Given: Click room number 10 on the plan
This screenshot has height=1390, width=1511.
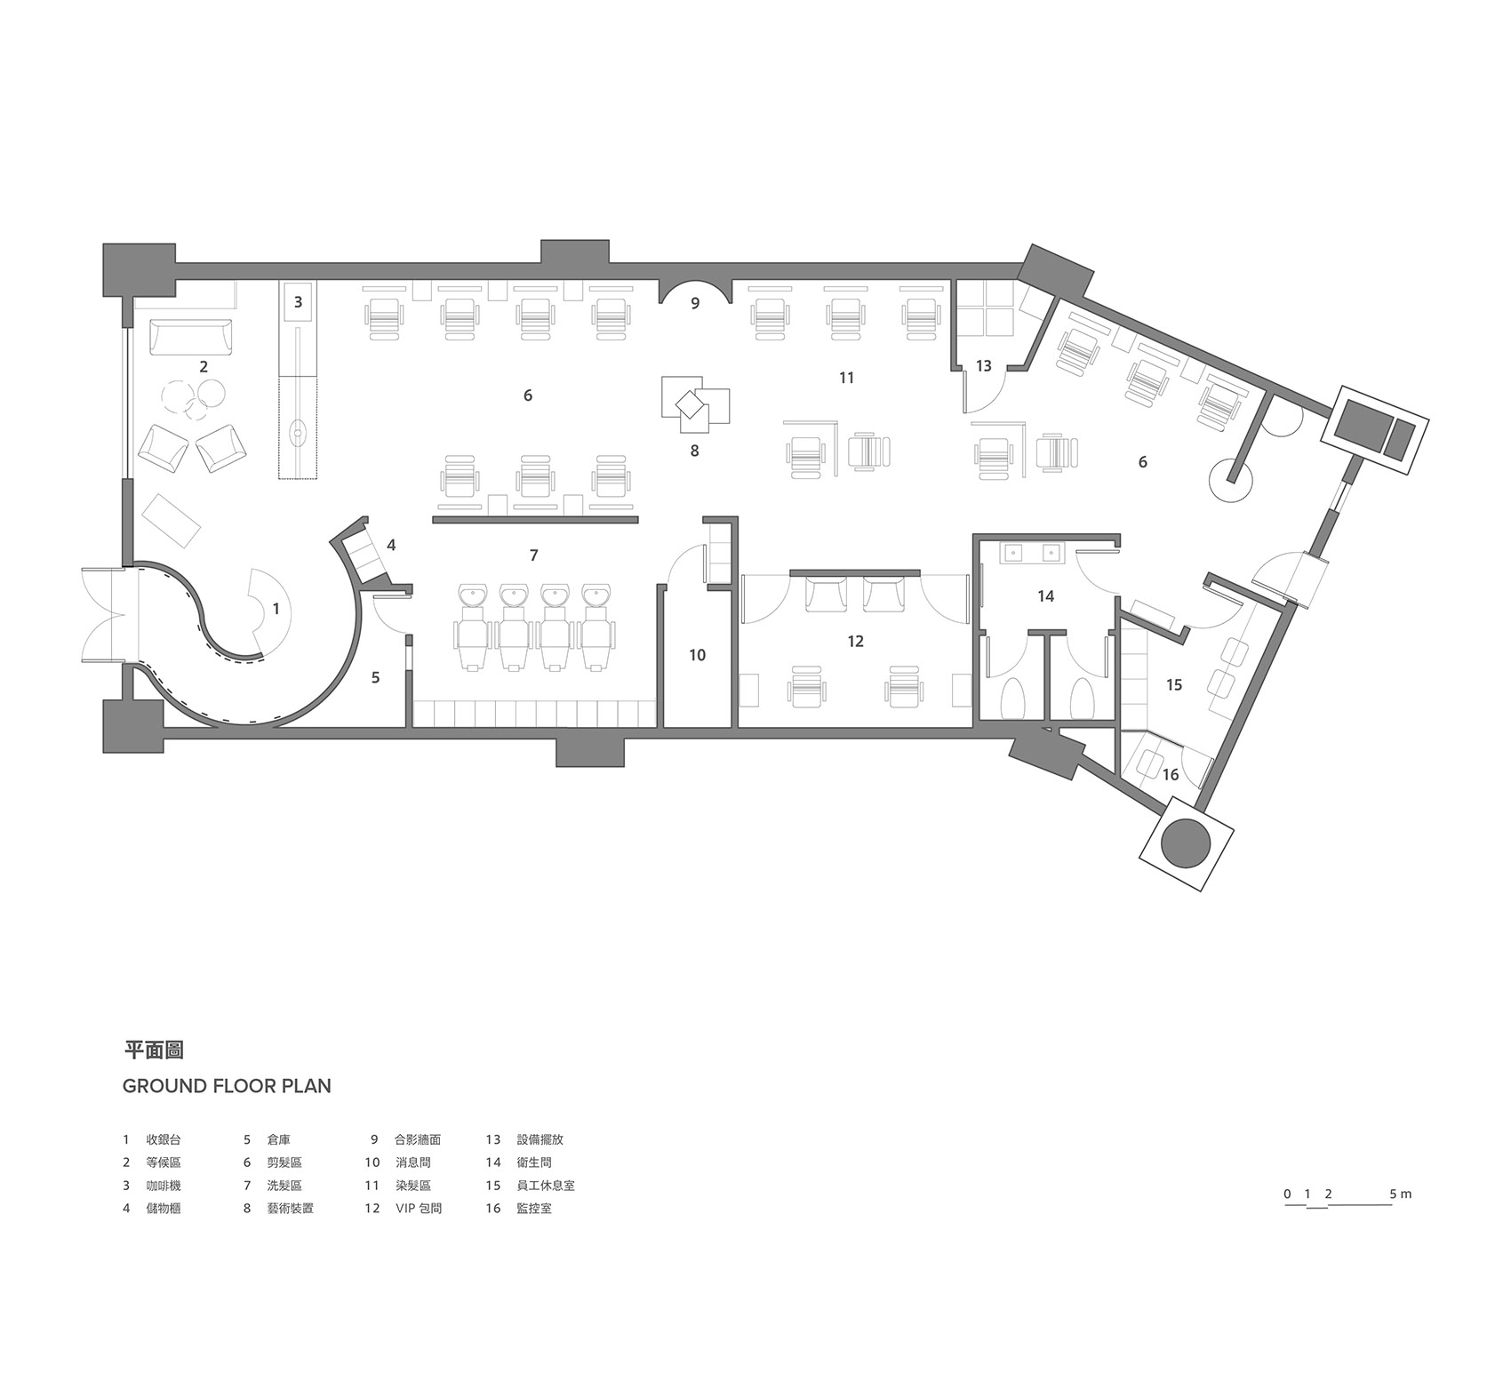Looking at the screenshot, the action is tap(697, 655).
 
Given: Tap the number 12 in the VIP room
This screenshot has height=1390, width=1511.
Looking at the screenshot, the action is tap(855, 641).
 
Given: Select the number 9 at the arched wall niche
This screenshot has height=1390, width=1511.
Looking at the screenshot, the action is tap(695, 303).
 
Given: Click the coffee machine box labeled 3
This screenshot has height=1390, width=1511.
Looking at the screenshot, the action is tap(299, 302).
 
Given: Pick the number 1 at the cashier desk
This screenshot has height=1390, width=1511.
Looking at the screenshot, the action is tap(276, 610).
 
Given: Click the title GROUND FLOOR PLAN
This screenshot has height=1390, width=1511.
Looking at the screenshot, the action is tap(227, 1086).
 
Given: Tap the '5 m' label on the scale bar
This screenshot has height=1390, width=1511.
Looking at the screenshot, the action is tap(1400, 1194).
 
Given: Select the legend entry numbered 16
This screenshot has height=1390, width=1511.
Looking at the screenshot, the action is tap(518, 1209).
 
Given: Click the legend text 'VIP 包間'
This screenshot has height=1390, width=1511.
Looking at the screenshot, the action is tap(419, 1209).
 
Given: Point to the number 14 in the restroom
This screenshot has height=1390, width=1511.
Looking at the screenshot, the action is tap(1045, 595).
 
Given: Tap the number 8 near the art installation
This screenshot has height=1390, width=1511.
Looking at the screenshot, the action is tap(694, 451).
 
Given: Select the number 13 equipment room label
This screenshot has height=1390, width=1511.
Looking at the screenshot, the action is tap(983, 365).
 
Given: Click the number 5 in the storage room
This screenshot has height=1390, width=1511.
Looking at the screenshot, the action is tap(375, 677).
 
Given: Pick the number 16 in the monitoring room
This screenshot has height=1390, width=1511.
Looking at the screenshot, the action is tap(1171, 775).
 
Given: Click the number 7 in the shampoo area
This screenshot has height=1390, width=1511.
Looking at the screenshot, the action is tap(533, 555).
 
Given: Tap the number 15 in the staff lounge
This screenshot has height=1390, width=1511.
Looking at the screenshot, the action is tap(1174, 684).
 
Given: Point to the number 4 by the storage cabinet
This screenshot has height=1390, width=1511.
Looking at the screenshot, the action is tap(390, 545).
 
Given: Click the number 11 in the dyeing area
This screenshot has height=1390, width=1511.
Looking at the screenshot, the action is tap(846, 378).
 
